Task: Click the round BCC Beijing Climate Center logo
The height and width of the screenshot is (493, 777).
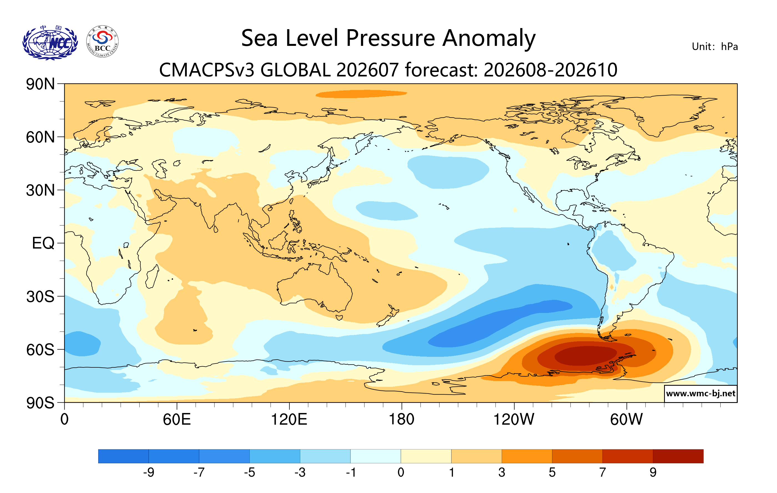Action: (x=102, y=42)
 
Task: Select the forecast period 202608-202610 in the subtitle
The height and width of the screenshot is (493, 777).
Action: (x=551, y=70)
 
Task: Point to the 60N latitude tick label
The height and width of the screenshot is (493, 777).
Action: (x=40, y=137)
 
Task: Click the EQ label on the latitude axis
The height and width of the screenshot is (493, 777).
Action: (x=43, y=243)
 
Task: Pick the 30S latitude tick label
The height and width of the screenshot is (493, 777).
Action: (x=40, y=297)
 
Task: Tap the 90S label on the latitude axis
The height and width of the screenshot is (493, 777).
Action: (x=40, y=403)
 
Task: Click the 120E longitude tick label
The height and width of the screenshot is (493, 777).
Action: (x=289, y=420)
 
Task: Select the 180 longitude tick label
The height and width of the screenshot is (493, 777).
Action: (x=402, y=420)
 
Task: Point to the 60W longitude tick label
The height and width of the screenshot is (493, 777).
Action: (x=626, y=420)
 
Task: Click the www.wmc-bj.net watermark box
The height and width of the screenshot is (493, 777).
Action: (x=700, y=394)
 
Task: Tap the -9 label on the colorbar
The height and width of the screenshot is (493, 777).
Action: (x=148, y=473)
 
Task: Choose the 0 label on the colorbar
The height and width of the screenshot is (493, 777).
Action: (x=401, y=473)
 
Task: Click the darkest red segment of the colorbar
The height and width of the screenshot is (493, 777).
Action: (x=678, y=456)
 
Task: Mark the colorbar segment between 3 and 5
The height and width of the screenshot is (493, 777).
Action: (x=527, y=456)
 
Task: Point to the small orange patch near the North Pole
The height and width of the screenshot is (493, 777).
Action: (x=361, y=94)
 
